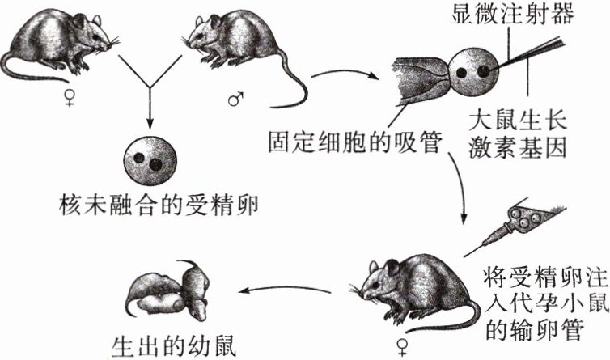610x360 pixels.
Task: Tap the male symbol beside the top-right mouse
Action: coord(235,100)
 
